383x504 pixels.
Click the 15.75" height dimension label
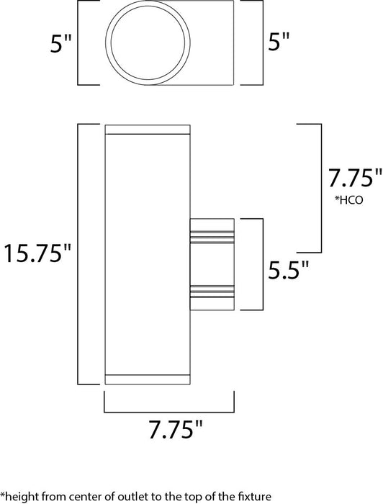click(x=37, y=254)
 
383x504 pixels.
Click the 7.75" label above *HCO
click(x=353, y=178)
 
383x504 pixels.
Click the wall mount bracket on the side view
click(x=212, y=264)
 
